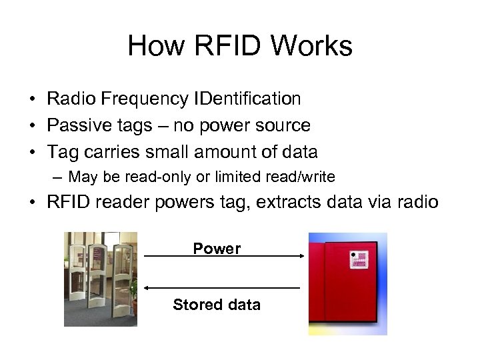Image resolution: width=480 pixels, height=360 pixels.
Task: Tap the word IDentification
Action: pyautogui.click(x=247, y=99)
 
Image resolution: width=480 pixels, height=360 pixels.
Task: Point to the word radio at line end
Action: pyautogui.click(x=416, y=203)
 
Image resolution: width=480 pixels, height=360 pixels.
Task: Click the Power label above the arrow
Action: pyautogui.click(x=217, y=249)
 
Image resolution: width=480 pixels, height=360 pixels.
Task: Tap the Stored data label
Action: pyautogui.click(x=217, y=305)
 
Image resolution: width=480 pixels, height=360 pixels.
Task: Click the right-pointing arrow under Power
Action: pyautogui.click(x=223, y=256)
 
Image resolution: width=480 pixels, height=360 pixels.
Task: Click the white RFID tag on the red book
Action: pyautogui.click(x=359, y=259)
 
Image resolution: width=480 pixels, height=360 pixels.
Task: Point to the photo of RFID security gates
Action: pyautogui.click(x=101, y=279)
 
